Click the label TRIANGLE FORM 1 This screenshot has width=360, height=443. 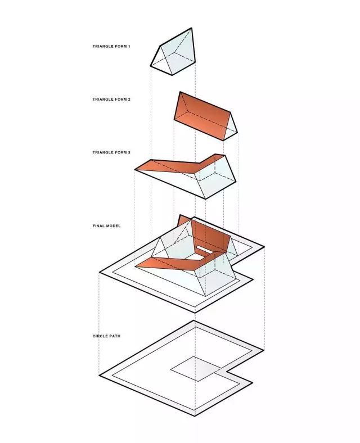click(x=111, y=46)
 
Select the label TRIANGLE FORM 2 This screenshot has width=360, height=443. click(x=111, y=100)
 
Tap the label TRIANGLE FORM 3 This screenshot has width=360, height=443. click(x=111, y=152)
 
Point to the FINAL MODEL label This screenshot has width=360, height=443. click(x=106, y=226)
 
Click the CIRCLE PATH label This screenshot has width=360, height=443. click(x=106, y=336)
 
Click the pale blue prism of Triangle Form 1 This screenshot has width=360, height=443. click(x=173, y=52)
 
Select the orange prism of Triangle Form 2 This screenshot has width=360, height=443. click(x=205, y=116)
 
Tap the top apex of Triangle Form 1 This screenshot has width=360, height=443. click(x=192, y=28)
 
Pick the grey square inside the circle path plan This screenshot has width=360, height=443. click(x=196, y=369)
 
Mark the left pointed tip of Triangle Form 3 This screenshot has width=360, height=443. click(x=135, y=170)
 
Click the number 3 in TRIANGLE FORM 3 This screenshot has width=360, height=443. click(x=129, y=152)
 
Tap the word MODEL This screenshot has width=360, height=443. click(x=113, y=226)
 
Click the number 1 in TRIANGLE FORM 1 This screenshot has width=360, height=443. click(x=129, y=46)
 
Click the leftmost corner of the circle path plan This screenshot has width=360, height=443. click(x=99, y=376)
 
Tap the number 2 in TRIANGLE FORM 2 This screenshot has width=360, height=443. click(x=129, y=100)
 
